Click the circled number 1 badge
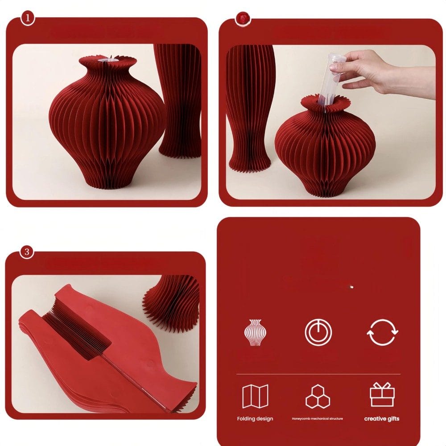click(x=28, y=18)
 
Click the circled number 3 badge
click(x=27, y=252)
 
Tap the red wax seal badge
click(x=243, y=19)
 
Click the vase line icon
click(x=255, y=332)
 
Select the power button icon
click(x=318, y=332)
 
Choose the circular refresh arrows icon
click(x=382, y=332)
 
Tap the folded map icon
click(x=255, y=396)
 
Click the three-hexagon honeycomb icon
click(x=318, y=396)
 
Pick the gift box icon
click(x=382, y=395)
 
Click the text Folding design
click(x=255, y=419)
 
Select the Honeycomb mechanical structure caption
click(x=318, y=419)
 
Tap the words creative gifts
click(x=382, y=419)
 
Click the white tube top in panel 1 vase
click(x=107, y=60)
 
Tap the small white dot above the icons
click(x=351, y=287)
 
